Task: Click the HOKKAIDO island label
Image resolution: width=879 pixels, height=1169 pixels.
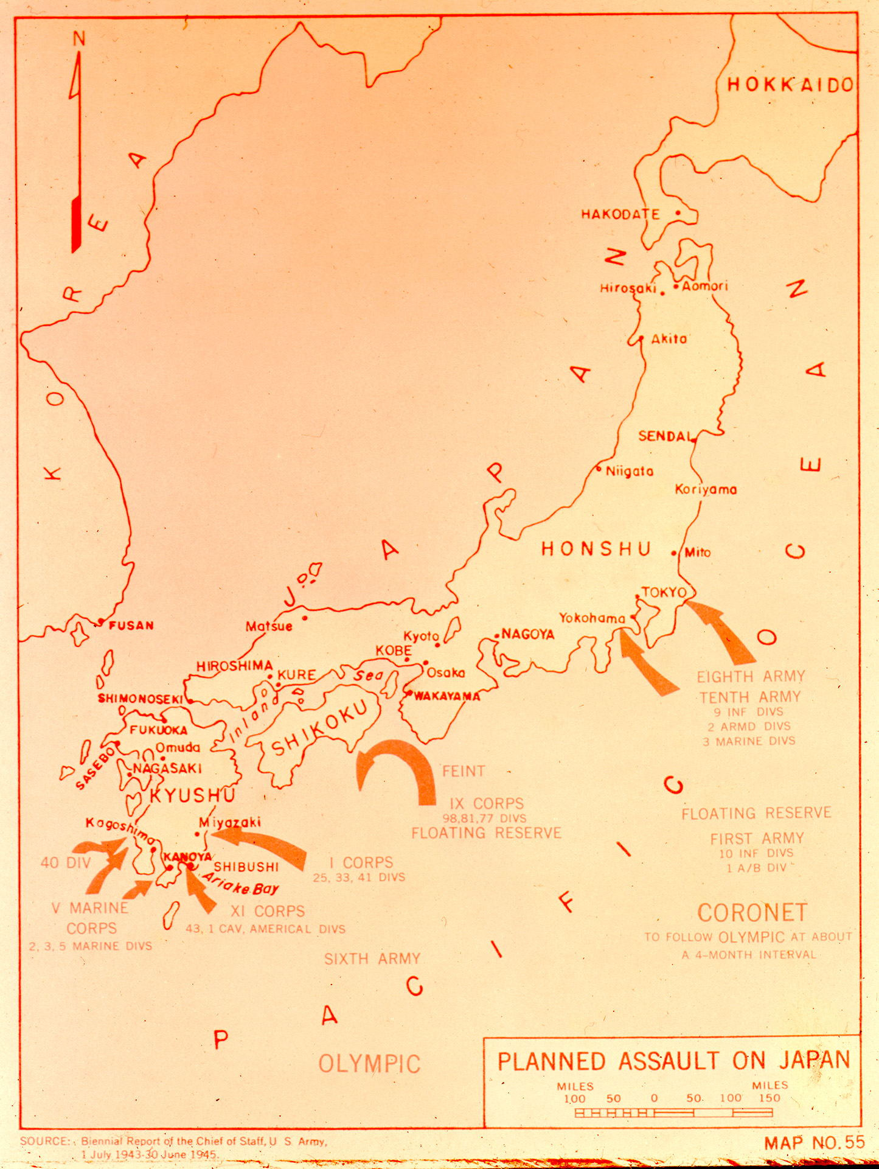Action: click(x=790, y=85)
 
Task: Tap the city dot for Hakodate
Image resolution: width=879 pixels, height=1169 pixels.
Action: click(x=678, y=213)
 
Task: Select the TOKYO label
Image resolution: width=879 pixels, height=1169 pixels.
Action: click(x=664, y=592)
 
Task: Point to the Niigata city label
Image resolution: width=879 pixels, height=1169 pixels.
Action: click(x=630, y=471)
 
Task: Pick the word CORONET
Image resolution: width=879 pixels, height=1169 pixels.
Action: click(x=752, y=913)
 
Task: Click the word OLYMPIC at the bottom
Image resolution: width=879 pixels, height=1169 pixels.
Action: click(x=370, y=1064)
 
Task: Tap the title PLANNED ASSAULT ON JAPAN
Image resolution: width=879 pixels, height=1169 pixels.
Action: click(x=673, y=1061)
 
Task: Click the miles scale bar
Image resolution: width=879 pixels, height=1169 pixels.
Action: click(x=673, y=1113)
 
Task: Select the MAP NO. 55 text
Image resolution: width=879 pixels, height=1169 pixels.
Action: click(x=814, y=1143)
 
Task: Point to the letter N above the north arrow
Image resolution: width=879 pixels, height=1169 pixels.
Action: click(x=79, y=40)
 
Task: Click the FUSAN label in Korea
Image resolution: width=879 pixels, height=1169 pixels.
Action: click(x=131, y=626)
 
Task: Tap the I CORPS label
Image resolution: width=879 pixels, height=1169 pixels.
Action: click(x=361, y=862)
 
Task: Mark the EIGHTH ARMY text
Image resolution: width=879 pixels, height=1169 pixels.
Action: click(x=751, y=677)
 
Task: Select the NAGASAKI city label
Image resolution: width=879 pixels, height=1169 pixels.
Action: click(x=167, y=769)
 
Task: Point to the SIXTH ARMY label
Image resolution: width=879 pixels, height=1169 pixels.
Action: click(x=372, y=959)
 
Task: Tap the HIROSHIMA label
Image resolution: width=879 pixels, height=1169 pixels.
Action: click(x=234, y=666)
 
